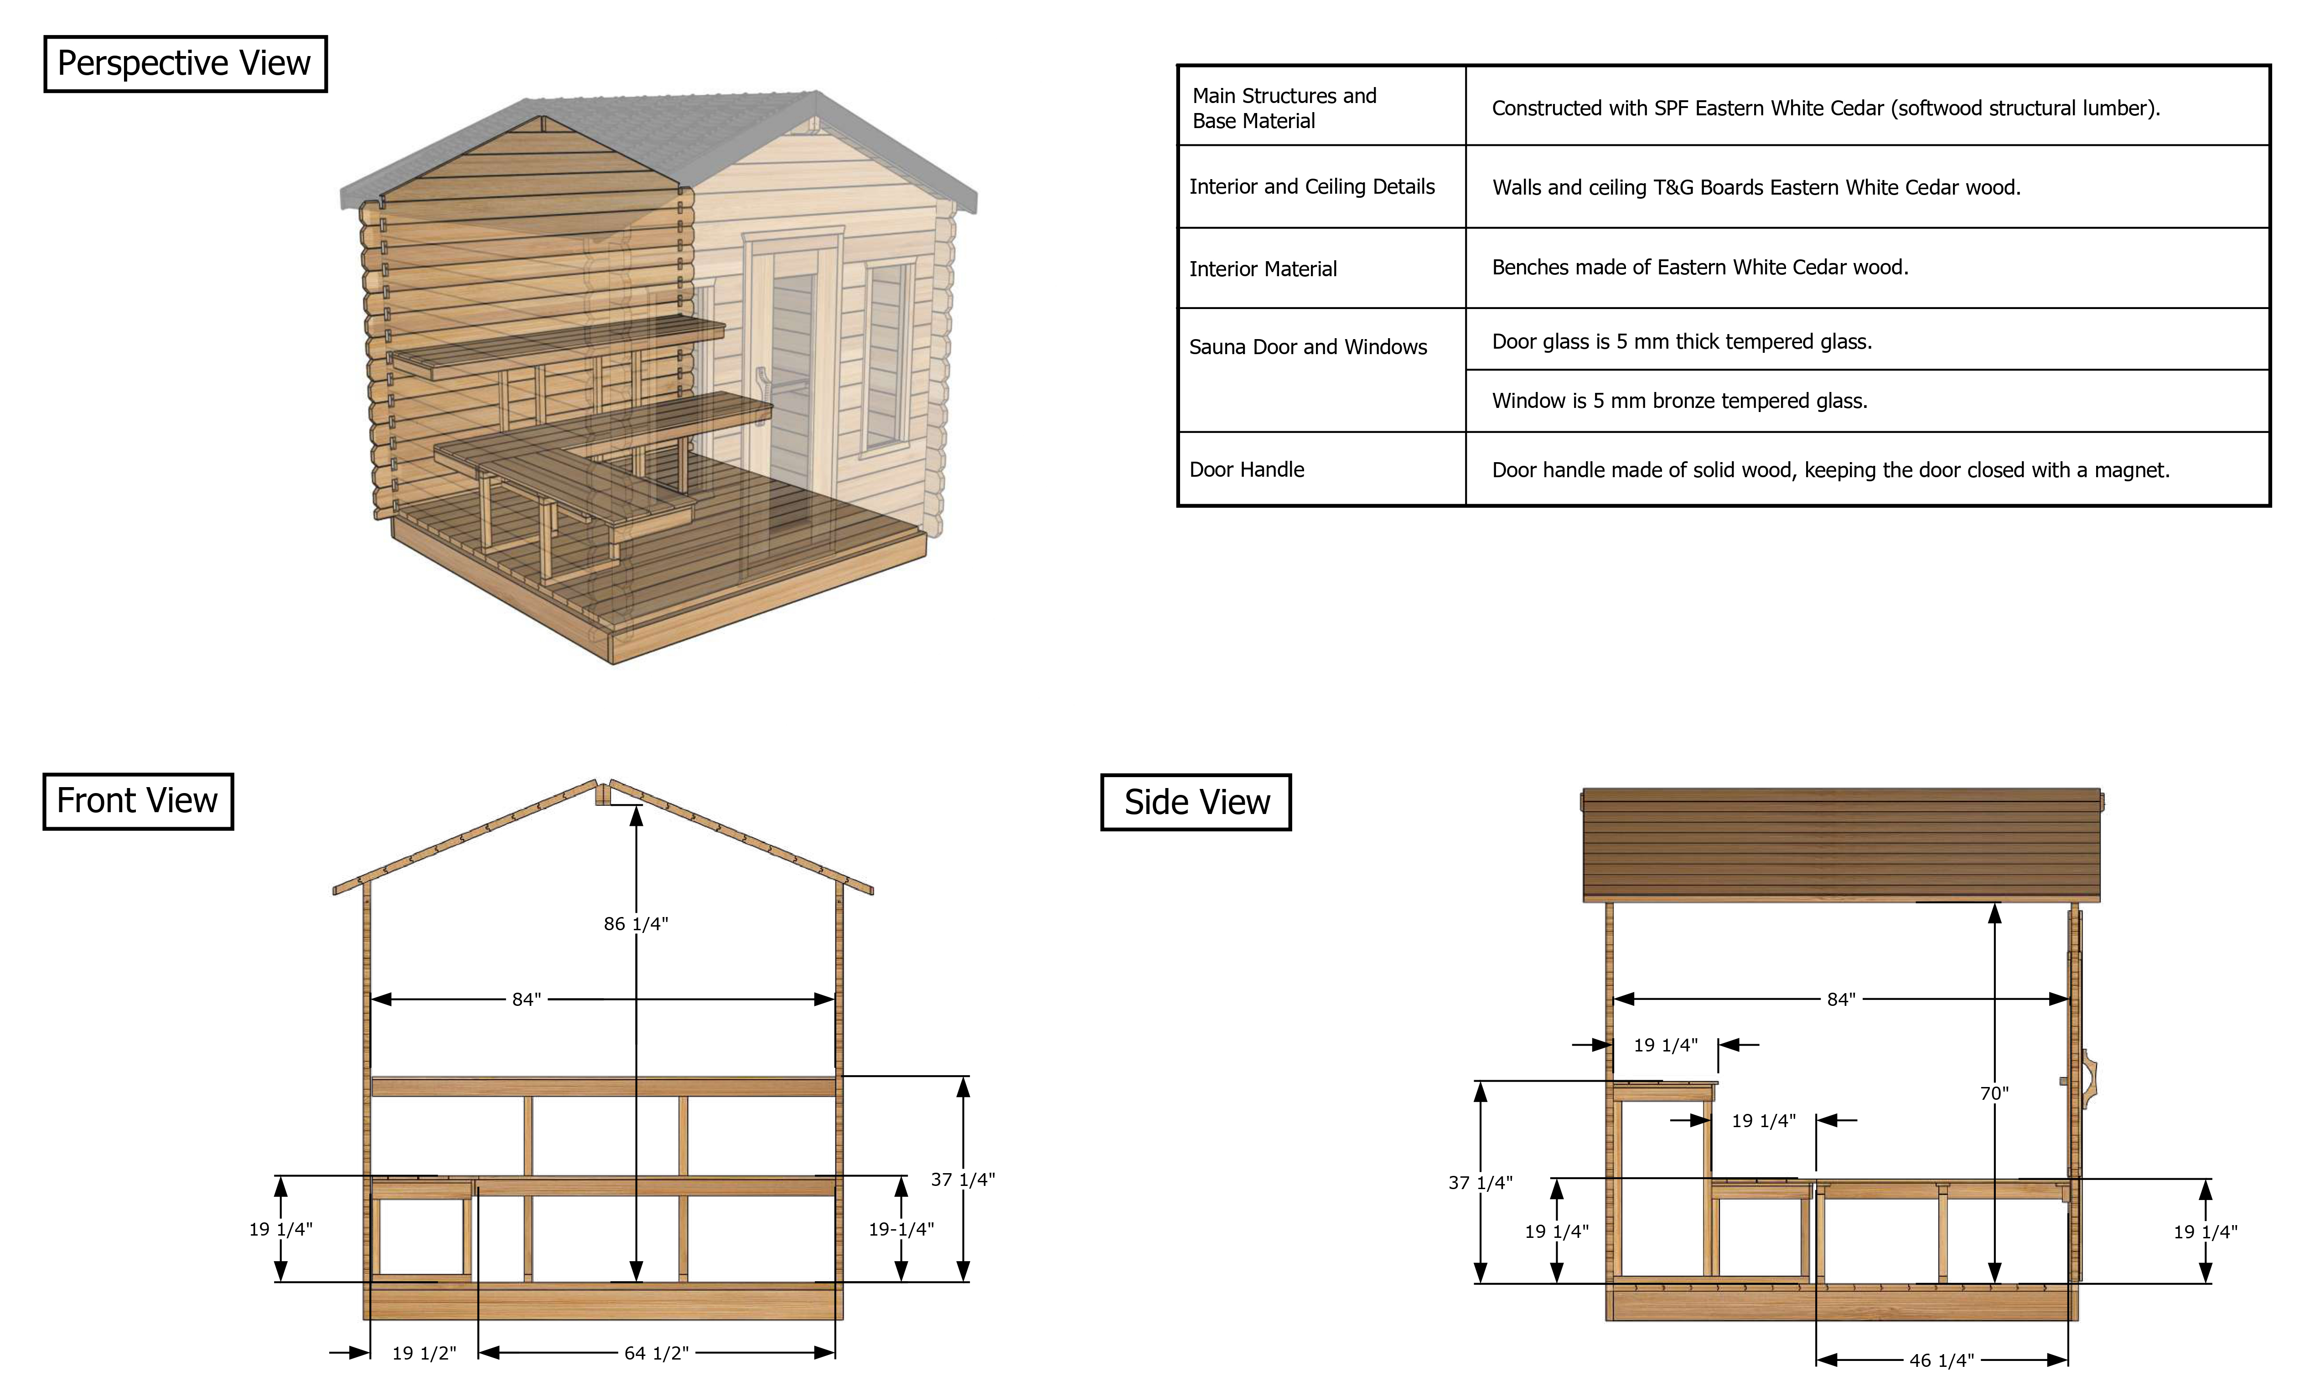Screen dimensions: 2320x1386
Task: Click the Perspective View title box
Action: coord(185,63)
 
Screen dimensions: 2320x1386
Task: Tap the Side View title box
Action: coord(1196,801)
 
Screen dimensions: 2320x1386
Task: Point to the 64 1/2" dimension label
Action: coord(656,1352)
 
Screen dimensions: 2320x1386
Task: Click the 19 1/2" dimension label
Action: coord(424,1352)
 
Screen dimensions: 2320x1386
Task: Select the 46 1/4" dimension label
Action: coord(1942,1360)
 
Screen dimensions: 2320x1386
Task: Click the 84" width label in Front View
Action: coord(526,1000)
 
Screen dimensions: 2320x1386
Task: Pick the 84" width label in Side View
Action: coord(1841,1000)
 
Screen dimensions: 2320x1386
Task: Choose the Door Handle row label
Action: coord(1247,470)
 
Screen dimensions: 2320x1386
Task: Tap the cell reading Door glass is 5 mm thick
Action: coord(1682,342)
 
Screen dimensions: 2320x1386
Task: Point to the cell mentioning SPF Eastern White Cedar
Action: coord(1826,108)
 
